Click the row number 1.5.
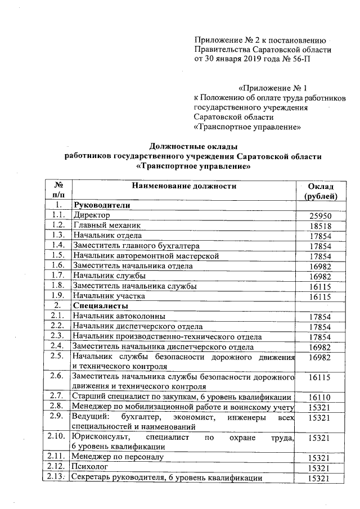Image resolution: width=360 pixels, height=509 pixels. [56, 256]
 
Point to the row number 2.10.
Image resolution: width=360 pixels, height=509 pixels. [56, 436]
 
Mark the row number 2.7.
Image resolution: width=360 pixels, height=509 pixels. [56, 397]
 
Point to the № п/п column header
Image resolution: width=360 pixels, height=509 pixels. [56, 191]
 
